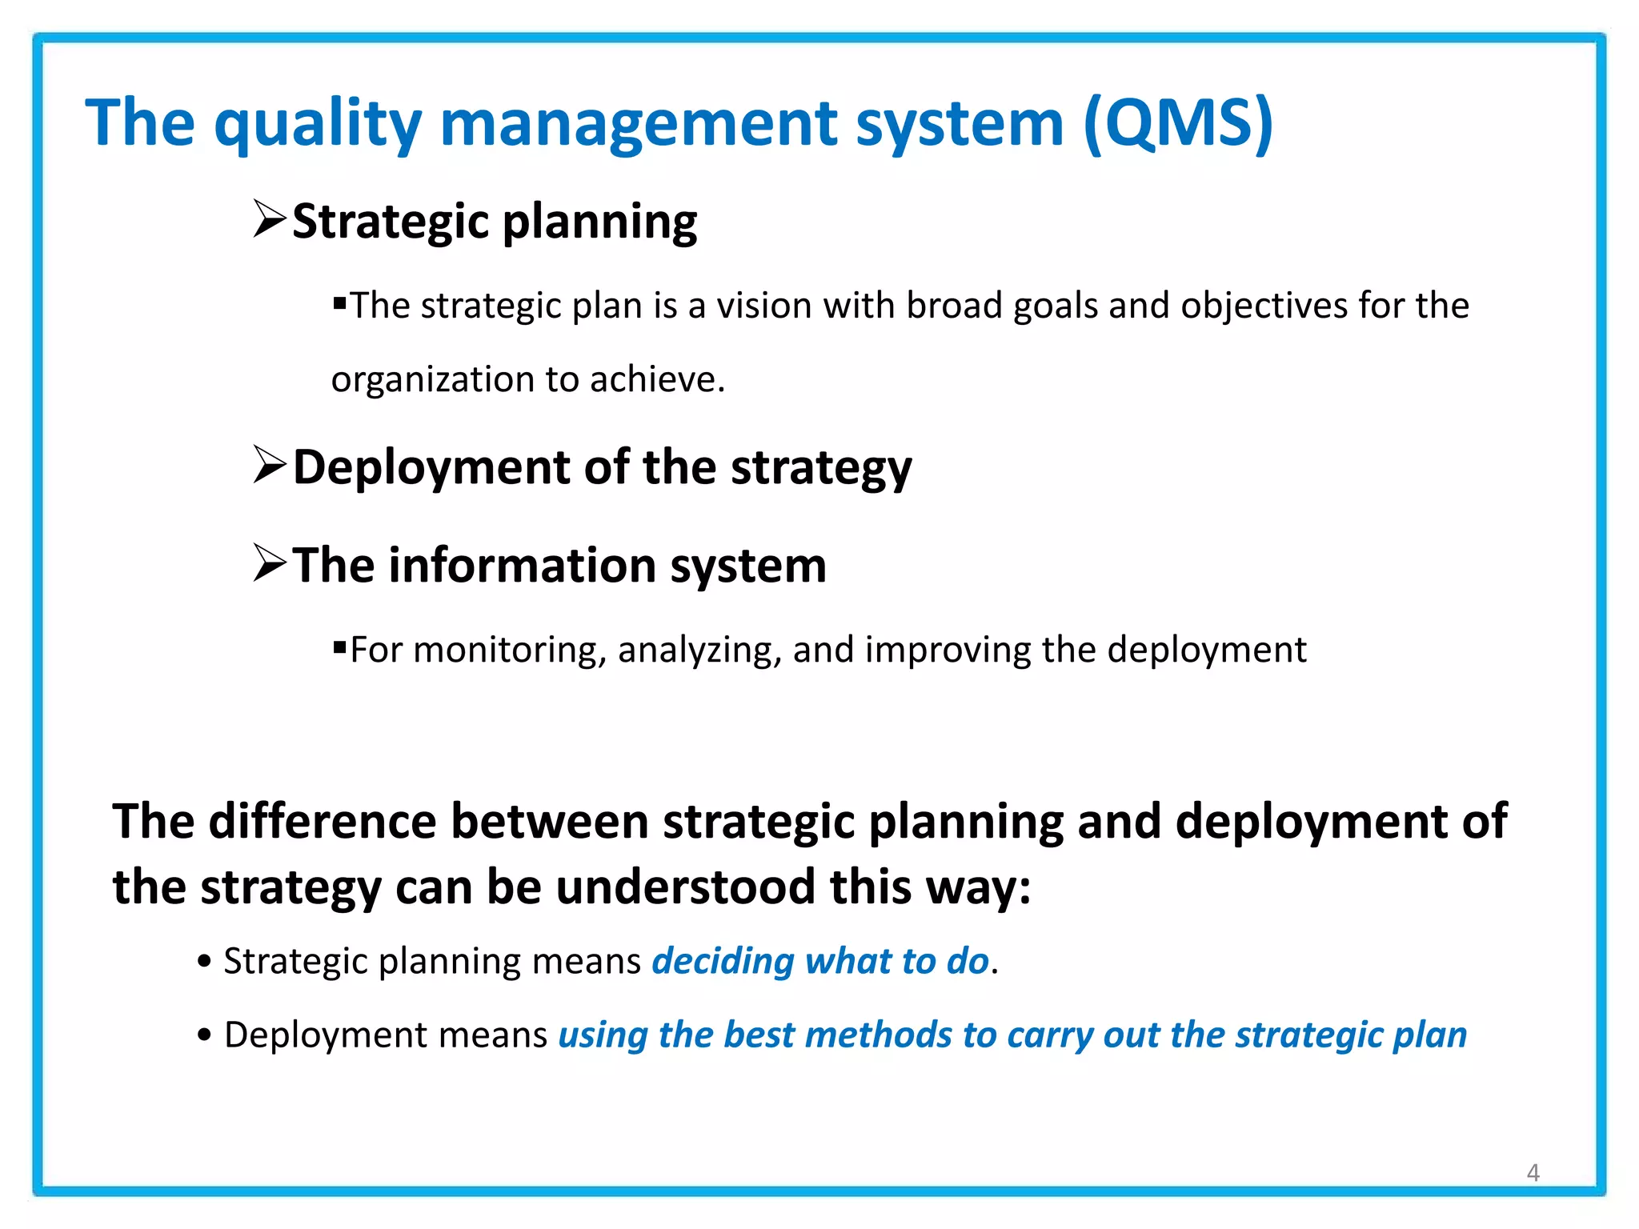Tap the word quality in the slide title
pyautogui.click(x=317, y=124)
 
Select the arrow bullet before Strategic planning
pyautogui.click(x=270, y=219)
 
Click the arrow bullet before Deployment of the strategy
pyautogui.click(x=270, y=465)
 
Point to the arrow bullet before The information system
pyautogui.click(x=270, y=563)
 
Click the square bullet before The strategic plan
pyautogui.click(x=339, y=303)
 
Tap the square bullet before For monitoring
pyautogui.click(x=339, y=647)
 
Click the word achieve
pyautogui.click(x=656, y=379)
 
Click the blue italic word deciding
pyautogui.click(x=723, y=961)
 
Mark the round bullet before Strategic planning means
pyautogui.click(x=204, y=961)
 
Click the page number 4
pyautogui.click(x=1533, y=1172)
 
